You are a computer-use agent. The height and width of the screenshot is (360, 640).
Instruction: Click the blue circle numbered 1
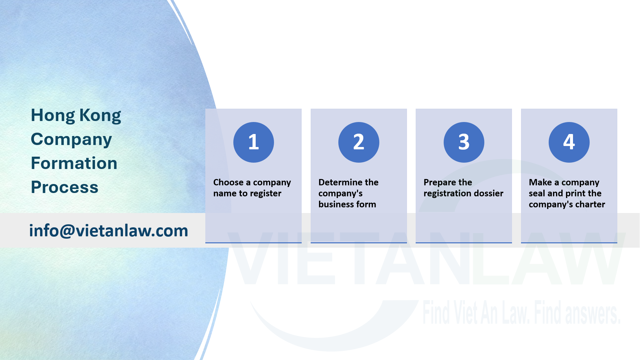[x=253, y=142]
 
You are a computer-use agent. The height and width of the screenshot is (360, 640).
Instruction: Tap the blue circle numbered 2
[x=359, y=142]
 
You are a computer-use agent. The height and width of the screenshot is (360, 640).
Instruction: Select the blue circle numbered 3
[x=464, y=142]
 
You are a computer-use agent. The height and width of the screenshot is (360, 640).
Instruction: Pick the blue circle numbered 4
[x=569, y=142]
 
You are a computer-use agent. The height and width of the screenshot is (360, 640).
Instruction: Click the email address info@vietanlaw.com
[x=109, y=231]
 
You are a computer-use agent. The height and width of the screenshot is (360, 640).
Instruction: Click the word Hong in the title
[x=53, y=116]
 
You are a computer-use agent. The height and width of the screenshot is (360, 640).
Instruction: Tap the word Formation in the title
[x=74, y=163]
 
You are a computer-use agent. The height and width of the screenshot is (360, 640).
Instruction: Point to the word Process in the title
[x=65, y=187]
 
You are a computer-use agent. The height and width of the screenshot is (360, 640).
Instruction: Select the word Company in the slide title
[x=71, y=140]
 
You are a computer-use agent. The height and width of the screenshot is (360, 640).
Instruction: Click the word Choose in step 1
[x=228, y=182]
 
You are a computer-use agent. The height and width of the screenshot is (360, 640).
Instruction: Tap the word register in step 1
[x=266, y=193]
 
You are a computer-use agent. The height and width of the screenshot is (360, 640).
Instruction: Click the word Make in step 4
[x=540, y=182]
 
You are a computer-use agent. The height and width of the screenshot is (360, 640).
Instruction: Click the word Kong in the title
[x=100, y=116]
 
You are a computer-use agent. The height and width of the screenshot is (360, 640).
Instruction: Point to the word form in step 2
[x=366, y=204]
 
